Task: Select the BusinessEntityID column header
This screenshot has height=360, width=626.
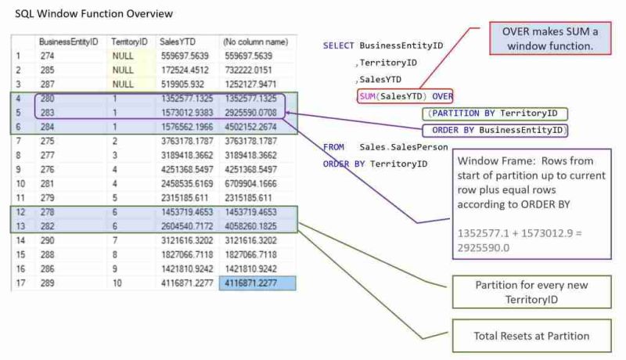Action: tap(68, 41)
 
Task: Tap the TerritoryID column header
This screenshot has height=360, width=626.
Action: tap(129, 41)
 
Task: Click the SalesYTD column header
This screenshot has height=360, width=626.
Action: tap(179, 41)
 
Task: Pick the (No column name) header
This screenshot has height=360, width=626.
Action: tap(255, 41)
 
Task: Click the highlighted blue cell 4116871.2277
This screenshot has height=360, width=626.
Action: tap(257, 284)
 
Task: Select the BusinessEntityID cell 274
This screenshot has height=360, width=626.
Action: tap(49, 56)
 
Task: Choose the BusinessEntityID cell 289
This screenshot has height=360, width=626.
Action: tap(49, 284)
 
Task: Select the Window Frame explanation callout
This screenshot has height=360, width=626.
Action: tap(529, 203)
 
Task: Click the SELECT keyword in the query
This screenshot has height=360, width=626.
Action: tap(338, 46)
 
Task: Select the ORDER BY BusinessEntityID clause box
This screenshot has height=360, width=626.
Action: tap(495, 130)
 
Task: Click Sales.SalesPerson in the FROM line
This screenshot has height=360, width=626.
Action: tap(403, 147)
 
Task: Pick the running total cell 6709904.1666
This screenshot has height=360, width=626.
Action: tap(255, 184)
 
